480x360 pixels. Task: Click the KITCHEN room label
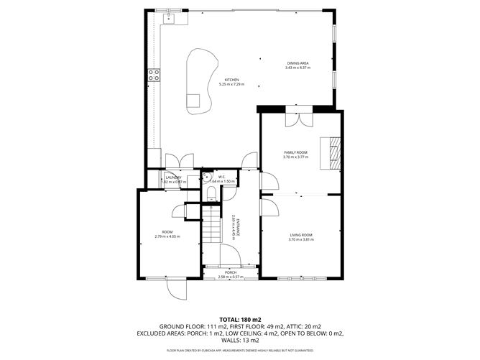click(x=231, y=79)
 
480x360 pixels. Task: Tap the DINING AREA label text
click(x=297, y=63)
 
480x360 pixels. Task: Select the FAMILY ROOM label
click(x=296, y=153)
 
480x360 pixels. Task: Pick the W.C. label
click(x=222, y=177)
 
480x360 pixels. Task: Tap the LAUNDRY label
click(x=172, y=177)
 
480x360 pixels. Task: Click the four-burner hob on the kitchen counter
click(x=152, y=73)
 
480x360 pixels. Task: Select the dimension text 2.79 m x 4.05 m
click(x=167, y=236)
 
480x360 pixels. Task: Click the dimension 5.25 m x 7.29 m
click(x=231, y=84)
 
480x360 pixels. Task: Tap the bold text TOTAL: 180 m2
click(x=239, y=319)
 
